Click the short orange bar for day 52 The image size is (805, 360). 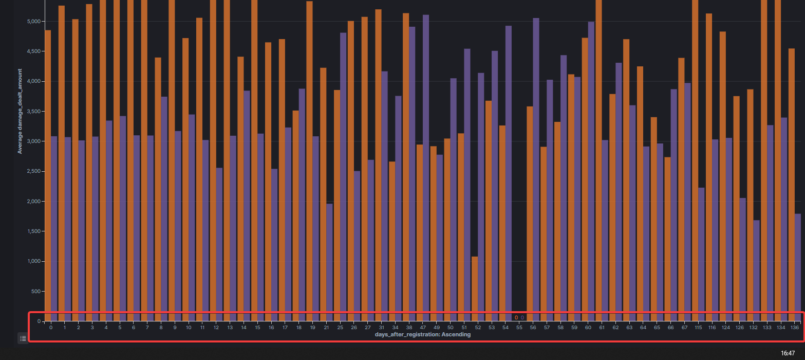(x=475, y=288)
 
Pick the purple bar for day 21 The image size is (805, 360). (x=329, y=262)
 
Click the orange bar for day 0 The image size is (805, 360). (x=48, y=175)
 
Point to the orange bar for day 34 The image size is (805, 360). (x=392, y=241)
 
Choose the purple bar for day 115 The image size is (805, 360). (x=701, y=254)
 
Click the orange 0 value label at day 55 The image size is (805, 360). (x=516, y=318)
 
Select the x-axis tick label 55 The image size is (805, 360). (x=519, y=327)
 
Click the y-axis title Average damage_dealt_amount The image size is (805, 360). (x=20, y=111)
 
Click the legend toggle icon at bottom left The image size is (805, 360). (x=23, y=338)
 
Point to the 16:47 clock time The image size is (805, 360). (x=788, y=353)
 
